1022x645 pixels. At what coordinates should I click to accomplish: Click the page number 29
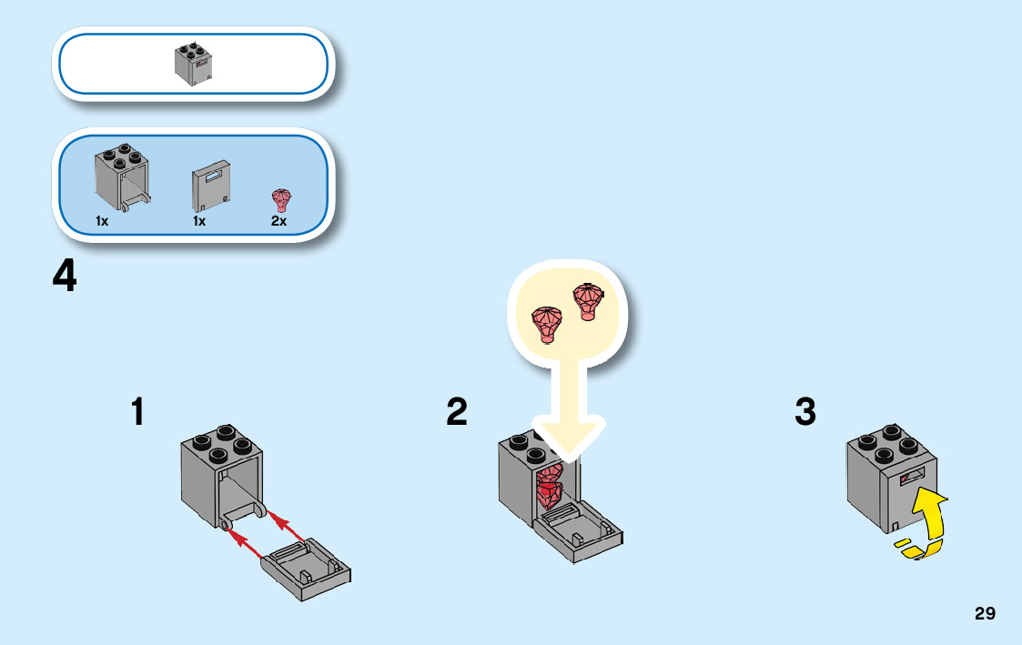[x=985, y=613]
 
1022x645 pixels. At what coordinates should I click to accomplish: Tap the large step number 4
[x=65, y=277]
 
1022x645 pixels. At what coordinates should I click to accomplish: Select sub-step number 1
[x=137, y=412]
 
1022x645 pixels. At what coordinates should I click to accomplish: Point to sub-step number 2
[x=457, y=412]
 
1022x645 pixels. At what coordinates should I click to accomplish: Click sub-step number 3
[x=804, y=412]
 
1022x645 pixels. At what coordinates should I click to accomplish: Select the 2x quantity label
[x=278, y=221]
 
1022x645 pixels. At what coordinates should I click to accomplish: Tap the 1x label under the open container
[x=102, y=221]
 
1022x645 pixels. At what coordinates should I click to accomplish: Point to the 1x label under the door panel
[x=199, y=221]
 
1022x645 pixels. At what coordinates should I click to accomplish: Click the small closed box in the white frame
[x=193, y=65]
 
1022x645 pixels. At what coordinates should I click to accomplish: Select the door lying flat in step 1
[x=307, y=565]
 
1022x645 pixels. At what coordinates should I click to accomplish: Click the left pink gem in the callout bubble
[x=547, y=323]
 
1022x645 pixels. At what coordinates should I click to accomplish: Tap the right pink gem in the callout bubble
[x=587, y=300]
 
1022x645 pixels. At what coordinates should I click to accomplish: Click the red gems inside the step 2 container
[x=550, y=487]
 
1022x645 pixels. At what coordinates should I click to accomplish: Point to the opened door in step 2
[x=578, y=534]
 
